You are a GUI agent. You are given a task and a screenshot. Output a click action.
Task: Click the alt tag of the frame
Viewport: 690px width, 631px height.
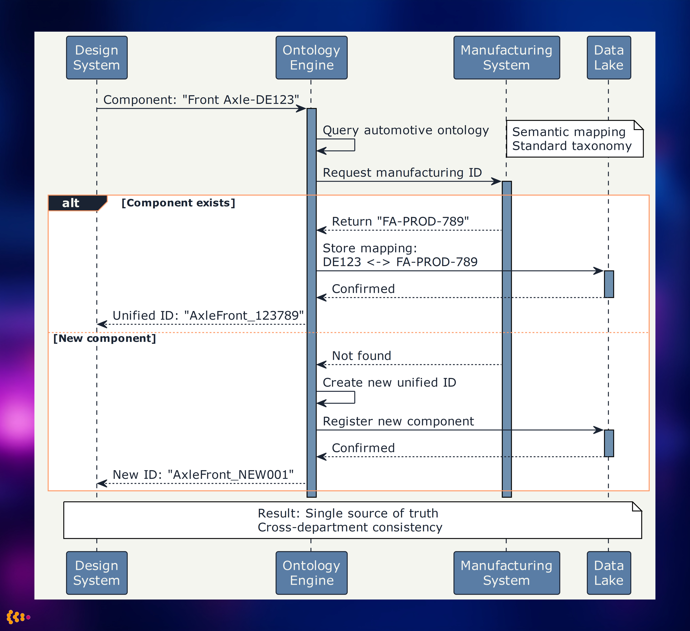71,203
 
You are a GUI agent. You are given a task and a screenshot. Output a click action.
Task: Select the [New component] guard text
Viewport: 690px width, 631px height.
105,338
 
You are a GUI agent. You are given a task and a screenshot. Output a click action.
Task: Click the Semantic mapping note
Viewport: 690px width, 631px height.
572,139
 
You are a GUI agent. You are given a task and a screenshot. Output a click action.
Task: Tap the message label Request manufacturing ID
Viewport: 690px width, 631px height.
402,173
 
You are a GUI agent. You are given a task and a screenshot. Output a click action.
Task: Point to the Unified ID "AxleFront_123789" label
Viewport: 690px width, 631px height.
208,315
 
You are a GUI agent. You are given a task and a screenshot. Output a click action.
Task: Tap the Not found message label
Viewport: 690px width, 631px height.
361,356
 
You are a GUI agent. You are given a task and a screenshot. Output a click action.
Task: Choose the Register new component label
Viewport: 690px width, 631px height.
398,421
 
